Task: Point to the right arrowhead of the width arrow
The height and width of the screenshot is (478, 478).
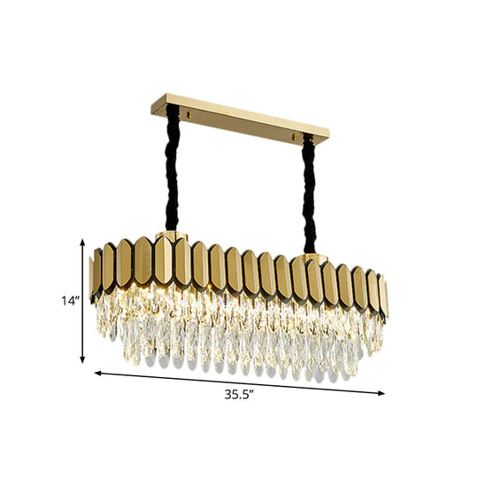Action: tap(382, 393)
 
